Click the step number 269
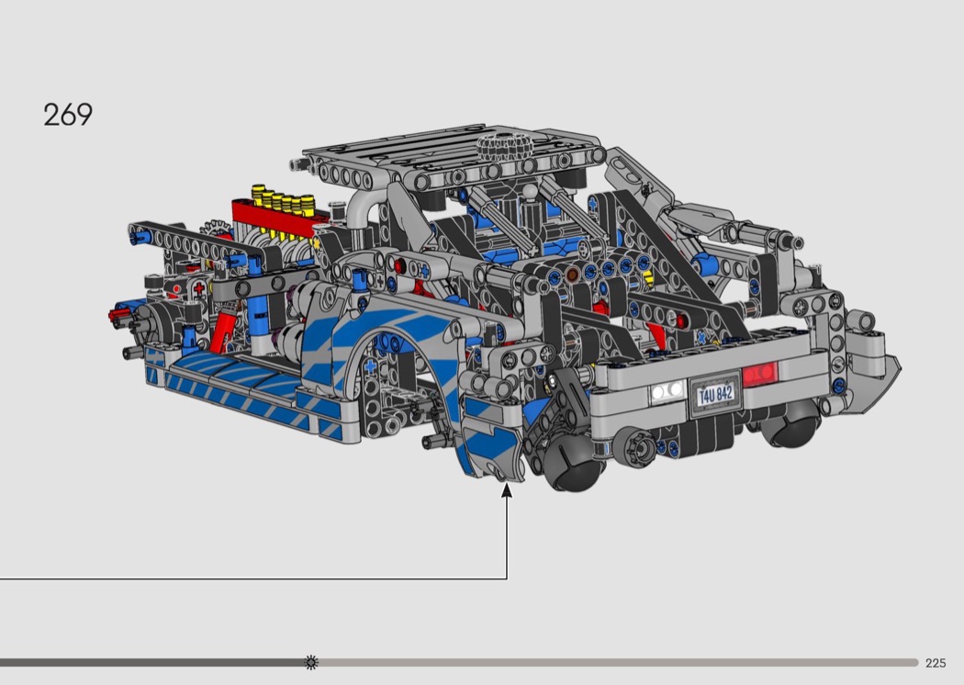point(68,115)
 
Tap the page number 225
point(936,663)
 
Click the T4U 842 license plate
point(715,394)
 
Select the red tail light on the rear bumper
point(760,375)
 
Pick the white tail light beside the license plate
point(667,391)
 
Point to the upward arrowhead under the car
point(507,490)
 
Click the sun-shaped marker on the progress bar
point(312,662)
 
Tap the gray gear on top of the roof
point(503,146)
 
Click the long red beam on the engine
point(280,219)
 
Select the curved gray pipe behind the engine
point(364,206)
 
